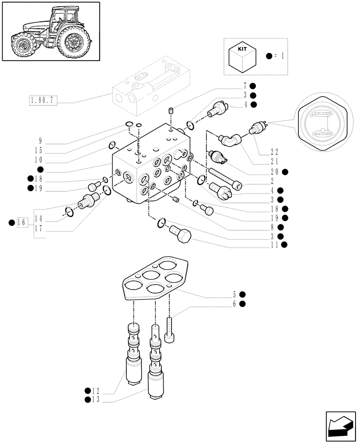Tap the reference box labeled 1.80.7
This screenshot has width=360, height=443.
42,101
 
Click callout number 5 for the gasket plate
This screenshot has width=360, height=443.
235,294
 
